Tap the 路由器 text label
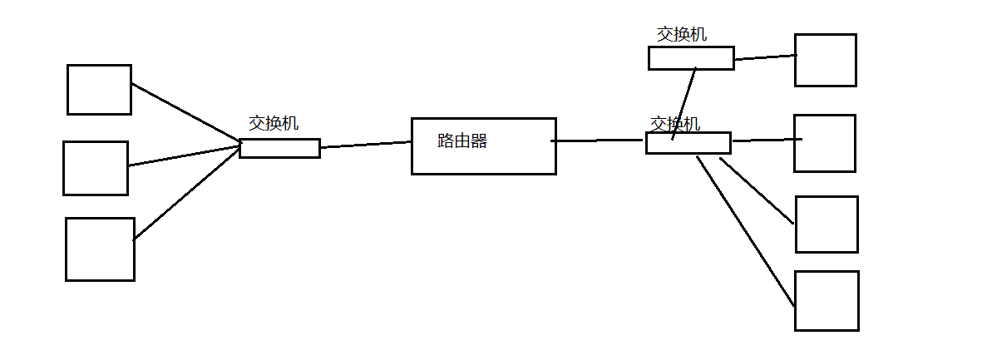[462, 141]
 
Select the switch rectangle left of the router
[279, 149]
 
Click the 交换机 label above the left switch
[274, 124]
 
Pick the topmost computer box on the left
[99, 90]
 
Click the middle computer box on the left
[96, 168]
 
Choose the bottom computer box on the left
[100, 249]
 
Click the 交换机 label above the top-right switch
[682, 35]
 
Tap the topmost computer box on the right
[825, 60]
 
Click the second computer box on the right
[824, 143]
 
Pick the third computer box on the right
[826, 224]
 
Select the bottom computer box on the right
[826, 300]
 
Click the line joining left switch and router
[366, 145]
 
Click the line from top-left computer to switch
[185, 111]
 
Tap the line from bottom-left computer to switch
[187, 194]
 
